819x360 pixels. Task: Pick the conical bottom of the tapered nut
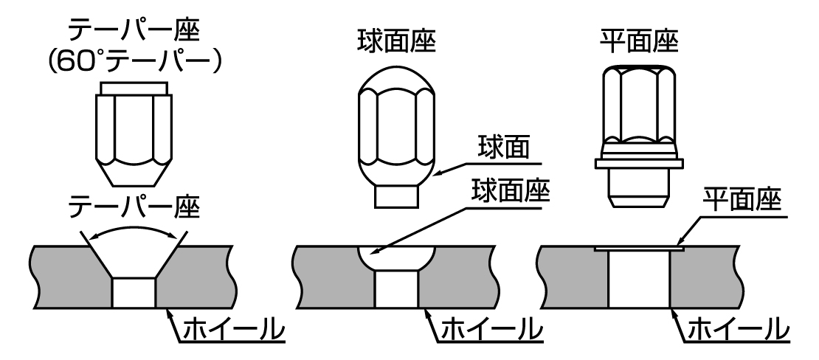134,174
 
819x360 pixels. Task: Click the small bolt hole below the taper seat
134,292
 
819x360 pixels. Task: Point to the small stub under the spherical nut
397,196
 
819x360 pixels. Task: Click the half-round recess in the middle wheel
397,259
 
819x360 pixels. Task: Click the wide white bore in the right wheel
639,280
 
